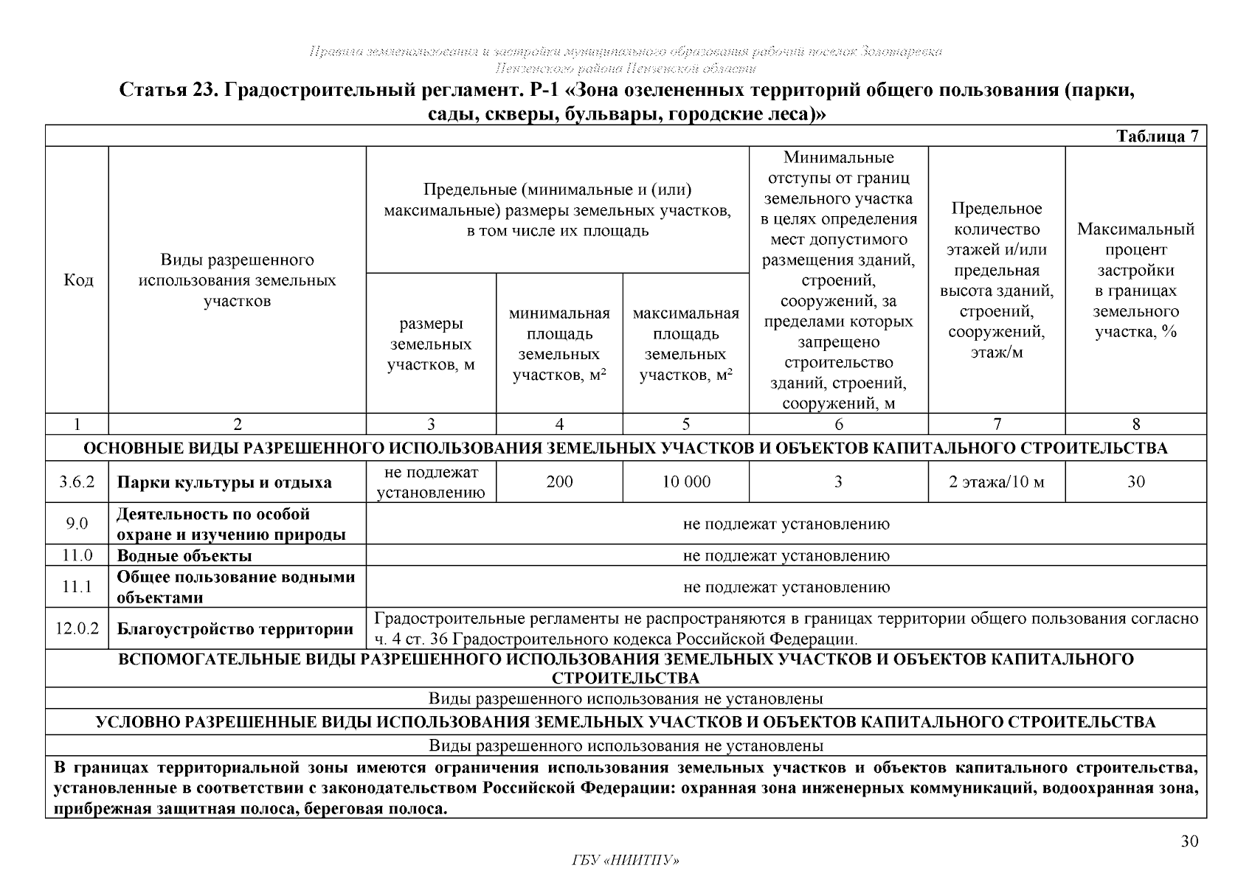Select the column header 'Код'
(x=78, y=280)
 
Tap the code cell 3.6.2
(x=77, y=482)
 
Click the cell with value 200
(x=559, y=482)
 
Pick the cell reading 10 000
(x=685, y=482)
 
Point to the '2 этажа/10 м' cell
(x=996, y=482)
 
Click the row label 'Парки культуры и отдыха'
(x=224, y=483)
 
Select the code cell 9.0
(x=77, y=524)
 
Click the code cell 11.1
(x=77, y=587)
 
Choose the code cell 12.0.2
(x=77, y=629)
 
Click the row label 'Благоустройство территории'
(x=235, y=630)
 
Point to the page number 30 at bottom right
(x=1189, y=841)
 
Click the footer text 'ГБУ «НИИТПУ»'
(x=626, y=861)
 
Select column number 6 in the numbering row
(x=838, y=424)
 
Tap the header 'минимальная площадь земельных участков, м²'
(x=559, y=344)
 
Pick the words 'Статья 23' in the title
(x=167, y=91)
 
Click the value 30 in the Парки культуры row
(x=1135, y=482)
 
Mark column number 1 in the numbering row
(x=77, y=424)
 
